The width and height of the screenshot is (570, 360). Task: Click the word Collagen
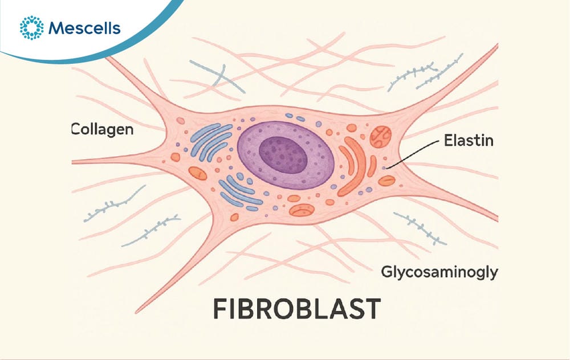coord(103,130)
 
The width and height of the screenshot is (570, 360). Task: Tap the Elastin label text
coord(469,140)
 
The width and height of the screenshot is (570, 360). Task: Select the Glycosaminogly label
coord(439,272)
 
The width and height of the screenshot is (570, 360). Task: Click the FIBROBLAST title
coord(296,309)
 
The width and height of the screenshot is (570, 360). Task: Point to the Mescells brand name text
coord(84,28)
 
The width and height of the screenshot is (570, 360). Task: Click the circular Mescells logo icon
coord(31,27)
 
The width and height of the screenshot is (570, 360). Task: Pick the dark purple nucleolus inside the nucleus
coord(283,155)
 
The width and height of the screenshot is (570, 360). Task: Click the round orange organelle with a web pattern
coord(381,137)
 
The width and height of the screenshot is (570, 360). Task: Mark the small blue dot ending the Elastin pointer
coord(384,168)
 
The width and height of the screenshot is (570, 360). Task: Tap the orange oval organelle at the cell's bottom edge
coord(302,210)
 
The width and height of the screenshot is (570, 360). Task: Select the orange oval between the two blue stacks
coord(197,174)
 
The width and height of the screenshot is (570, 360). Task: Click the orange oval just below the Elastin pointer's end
coord(386,181)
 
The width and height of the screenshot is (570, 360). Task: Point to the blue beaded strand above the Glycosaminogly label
coord(420,228)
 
